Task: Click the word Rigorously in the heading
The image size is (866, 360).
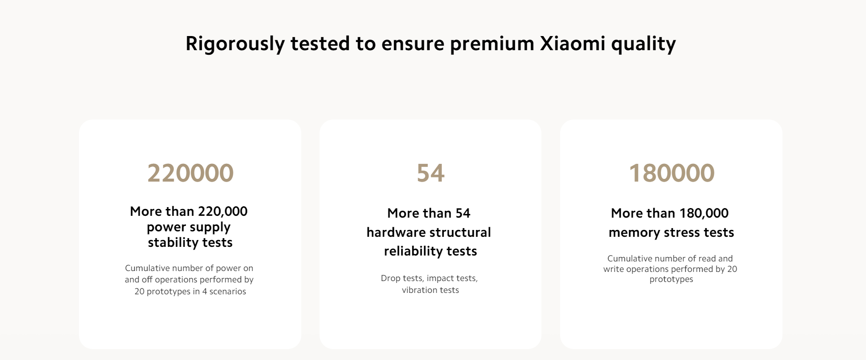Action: pos(235,44)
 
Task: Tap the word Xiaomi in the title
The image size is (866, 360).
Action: pos(572,43)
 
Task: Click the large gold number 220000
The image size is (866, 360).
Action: pos(190,173)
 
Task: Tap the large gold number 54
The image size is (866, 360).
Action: pos(430,173)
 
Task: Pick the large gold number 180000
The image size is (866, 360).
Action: pos(672,173)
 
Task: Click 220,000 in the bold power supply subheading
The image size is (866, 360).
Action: pos(223,211)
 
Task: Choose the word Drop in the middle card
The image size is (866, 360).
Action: pos(390,278)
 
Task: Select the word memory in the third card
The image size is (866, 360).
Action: pos(634,233)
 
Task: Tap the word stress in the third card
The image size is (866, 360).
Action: pos(679,233)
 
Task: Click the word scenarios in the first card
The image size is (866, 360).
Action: pos(228,292)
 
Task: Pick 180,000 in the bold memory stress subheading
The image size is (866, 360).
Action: pos(704,213)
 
